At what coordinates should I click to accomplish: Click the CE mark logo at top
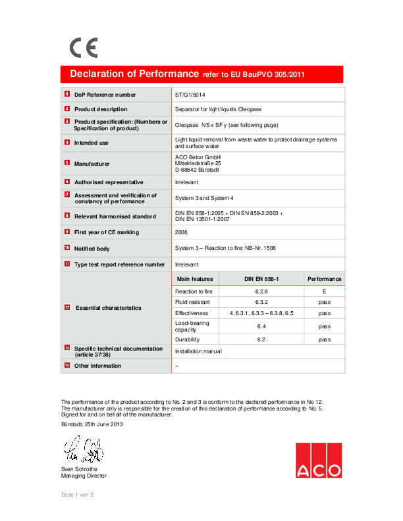[x=84, y=47]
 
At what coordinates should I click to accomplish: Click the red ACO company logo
[x=319, y=460]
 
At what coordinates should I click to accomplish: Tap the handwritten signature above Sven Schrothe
[x=82, y=452]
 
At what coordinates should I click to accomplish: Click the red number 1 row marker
[x=67, y=94]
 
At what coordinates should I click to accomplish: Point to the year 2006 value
[x=182, y=232]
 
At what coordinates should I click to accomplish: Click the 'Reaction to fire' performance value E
[x=324, y=290]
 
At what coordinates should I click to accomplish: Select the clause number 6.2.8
[x=261, y=290]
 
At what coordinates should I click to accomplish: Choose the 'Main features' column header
[x=195, y=279]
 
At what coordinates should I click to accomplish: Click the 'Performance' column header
[x=324, y=279]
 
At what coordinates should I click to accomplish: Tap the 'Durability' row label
[x=187, y=339]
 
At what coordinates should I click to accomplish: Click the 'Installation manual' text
[x=198, y=351]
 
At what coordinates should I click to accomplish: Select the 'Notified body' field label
[x=92, y=249]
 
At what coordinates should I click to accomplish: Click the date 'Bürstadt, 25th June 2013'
[x=92, y=424]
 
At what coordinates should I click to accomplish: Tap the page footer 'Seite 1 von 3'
[x=78, y=494]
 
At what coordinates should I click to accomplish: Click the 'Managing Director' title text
[x=84, y=476]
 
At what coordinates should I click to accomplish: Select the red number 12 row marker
[x=67, y=307]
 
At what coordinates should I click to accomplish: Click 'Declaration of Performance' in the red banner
[x=134, y=74]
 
